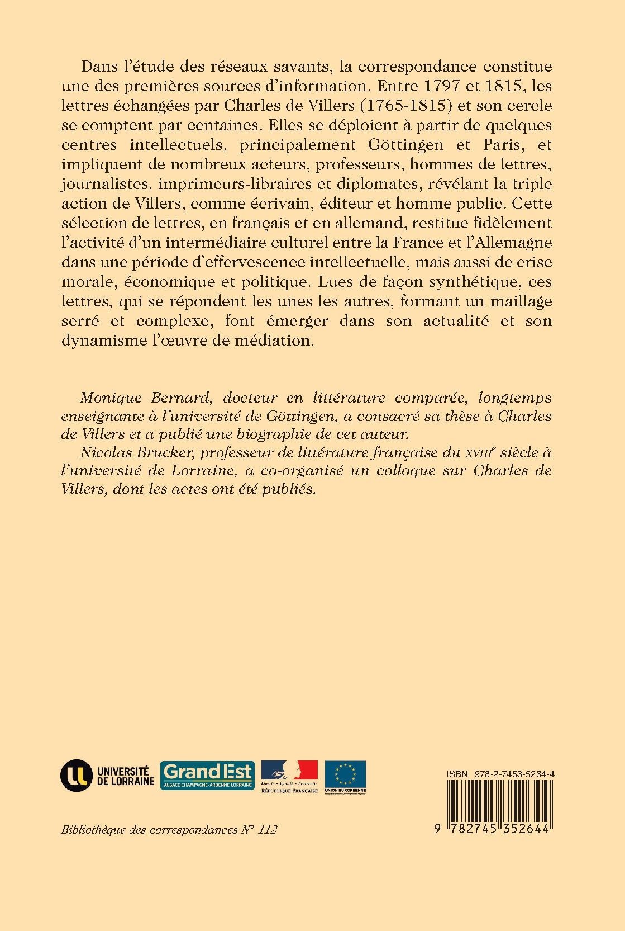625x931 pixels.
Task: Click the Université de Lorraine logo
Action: [107, 775]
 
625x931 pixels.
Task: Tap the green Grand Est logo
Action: [207, 775]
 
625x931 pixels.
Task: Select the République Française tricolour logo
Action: [289, 776]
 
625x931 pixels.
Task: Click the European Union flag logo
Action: [345, 776]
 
